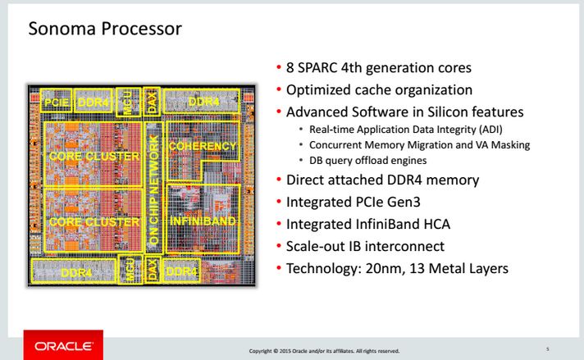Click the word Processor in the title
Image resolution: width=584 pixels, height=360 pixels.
click(139, 30)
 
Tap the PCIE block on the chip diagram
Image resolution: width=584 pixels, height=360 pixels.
click(57, 103)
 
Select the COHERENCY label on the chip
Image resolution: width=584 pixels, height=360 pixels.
click(202, 146)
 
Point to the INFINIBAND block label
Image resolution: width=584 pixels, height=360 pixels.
click(202, 221)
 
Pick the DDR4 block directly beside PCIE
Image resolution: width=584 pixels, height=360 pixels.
click(94, 103)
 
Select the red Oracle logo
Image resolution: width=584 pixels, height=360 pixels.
click(62, 346)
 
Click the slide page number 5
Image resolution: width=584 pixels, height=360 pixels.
click(548, 349)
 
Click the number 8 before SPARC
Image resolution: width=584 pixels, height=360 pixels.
click(290, 68)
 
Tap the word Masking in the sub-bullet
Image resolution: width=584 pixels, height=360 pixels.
click(511, 145)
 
